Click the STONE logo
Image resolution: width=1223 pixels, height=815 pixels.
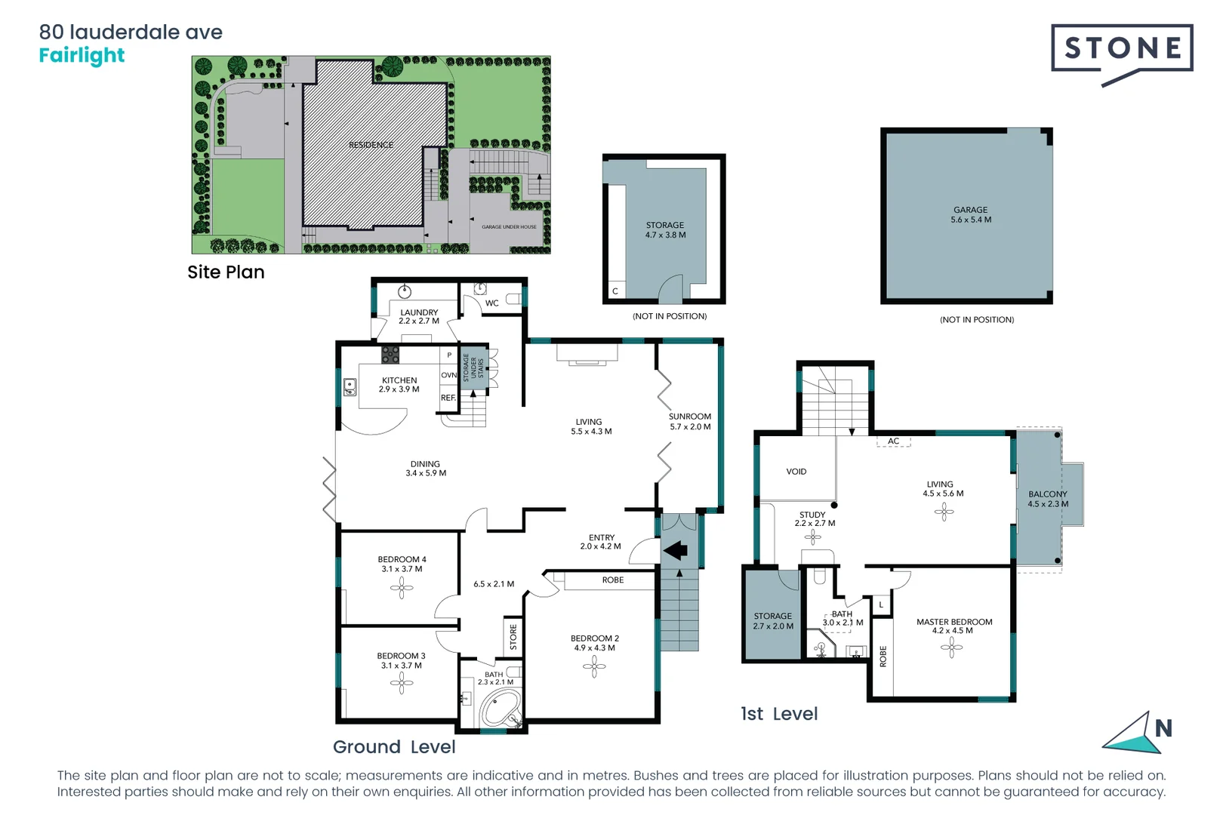pos(1122,50)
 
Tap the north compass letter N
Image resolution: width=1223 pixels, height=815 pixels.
pos(1163,729)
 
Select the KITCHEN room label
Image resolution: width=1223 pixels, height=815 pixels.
pos(399,381)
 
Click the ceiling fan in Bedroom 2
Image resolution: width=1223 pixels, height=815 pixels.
pos(594,666)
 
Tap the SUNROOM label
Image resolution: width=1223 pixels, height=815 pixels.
pos(689,417)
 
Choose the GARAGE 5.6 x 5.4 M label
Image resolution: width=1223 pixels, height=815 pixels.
pos(971,215)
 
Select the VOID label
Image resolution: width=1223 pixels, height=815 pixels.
pos(796,472)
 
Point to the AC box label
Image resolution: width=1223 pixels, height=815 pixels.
pos(893,441)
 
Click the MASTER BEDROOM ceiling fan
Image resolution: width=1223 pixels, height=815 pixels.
pos(951,647)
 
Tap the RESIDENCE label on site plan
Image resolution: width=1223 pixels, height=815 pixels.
pos(371,145)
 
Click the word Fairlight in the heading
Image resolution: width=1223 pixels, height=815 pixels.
pos(82,56)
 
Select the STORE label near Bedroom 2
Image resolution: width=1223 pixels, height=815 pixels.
pos(513,637)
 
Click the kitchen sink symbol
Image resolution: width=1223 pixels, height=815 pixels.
pos(350,387)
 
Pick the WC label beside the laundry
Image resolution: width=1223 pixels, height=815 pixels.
pos(491,303)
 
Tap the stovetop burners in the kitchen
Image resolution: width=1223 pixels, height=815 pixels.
pos(390,355)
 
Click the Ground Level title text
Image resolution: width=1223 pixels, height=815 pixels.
pos(394,747)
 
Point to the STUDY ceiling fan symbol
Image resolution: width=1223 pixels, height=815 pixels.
pos(812,537)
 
